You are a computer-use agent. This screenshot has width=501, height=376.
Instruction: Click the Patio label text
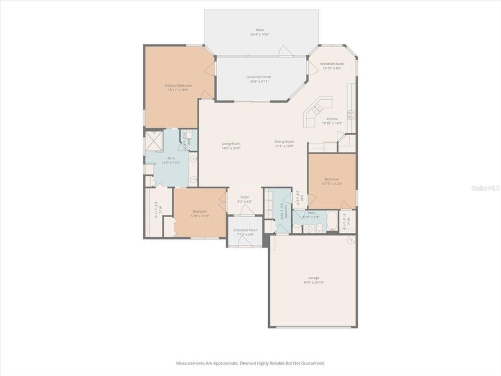(259, 30)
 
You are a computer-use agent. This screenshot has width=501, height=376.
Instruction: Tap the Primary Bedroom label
(178, 85)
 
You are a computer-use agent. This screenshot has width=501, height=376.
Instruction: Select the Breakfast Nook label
(332, 63)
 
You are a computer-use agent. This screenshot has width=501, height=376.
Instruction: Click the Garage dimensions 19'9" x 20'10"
(314, 282)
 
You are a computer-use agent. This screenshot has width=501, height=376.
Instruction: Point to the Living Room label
(231, 144)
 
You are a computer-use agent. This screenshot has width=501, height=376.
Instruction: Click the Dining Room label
(284, 142)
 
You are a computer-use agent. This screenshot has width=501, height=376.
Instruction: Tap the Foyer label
(245, 197)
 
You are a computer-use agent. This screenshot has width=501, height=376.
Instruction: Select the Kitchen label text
(332, 119)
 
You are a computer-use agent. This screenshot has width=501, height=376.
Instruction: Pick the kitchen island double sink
(316, 109)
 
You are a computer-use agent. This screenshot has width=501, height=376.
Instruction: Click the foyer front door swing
(247, 210)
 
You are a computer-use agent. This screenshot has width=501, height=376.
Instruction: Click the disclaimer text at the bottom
(250, 362)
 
